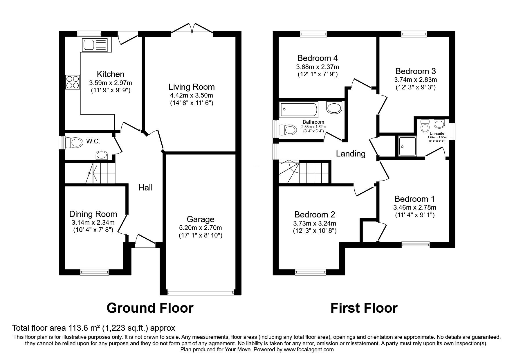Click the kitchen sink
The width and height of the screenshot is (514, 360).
(x=95, y=45)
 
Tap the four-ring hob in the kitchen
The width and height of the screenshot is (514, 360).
(x=73, y=82)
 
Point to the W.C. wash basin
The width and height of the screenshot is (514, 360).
(x=102, y=155)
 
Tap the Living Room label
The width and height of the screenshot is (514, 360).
(x=192, y=87)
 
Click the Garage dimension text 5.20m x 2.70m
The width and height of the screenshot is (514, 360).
(x=200, y=228)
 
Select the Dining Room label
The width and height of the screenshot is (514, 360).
(x=93, y=214)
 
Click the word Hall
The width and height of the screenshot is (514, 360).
(x=145, y=188)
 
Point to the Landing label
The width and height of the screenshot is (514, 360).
(x=351, y=154)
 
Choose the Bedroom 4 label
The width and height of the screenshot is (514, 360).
(x=318, y=58)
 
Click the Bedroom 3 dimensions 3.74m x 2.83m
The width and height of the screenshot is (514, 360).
(x=415, y=80)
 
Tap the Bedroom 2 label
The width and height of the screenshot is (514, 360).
(x=315, y=215)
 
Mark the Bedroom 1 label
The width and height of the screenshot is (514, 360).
(x=414, y=199)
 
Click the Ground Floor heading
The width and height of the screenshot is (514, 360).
(x=150, y=308)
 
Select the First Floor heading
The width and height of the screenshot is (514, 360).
(x=364, y=308)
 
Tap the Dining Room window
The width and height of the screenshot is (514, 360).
(x=94, y=272)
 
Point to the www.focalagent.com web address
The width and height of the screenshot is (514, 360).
(x=309, y=350)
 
